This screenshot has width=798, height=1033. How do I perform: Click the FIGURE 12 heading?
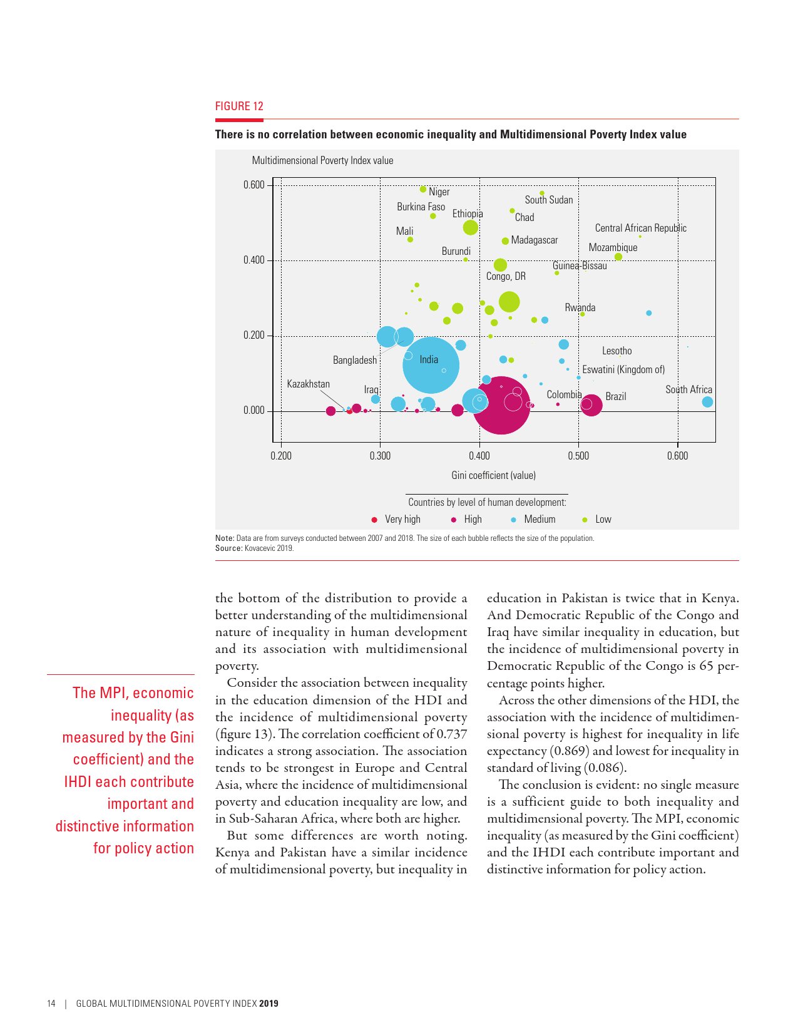(x=239, y=106)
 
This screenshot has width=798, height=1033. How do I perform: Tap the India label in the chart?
(x=429, y=359)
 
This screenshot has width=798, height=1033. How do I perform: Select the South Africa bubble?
(x=707, y=402)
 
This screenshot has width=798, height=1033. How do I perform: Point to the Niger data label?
(x=439, y=192)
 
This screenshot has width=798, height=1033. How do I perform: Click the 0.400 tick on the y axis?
(x=253, y=260)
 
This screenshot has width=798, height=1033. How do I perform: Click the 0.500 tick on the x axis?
(x=578, y=456)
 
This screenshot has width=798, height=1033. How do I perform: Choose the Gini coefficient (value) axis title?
(x=493, y=475)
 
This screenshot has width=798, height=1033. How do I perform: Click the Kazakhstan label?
(x=308, y=384)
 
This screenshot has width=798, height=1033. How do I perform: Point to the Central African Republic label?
(x=640, y=228)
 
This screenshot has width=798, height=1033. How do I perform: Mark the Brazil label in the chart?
(x=615, y=396)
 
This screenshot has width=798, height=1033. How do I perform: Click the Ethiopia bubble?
(x=470, y=227)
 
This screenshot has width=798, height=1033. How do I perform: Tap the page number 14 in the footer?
(x=51, y=1004)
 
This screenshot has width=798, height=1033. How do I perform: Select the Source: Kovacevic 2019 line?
(x=254, y=548)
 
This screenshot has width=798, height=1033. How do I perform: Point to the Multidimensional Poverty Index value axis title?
(x=322, y=160)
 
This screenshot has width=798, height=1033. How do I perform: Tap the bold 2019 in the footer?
(x=269, y=1004)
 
